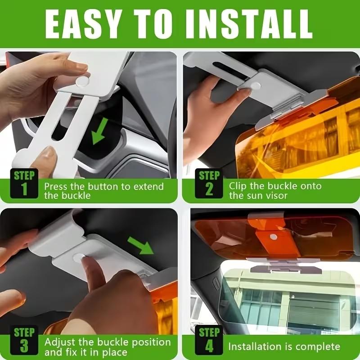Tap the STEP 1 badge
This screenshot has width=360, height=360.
point(24,183)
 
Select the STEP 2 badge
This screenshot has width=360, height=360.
point(209,183)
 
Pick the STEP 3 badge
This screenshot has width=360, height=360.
point(24,340)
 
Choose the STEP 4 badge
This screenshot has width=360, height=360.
point(209,340)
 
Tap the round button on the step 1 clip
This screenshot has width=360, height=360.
point(82,81)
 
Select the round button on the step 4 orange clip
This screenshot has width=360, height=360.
point(273,236)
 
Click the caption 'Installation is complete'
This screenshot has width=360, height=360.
point(284,346)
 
